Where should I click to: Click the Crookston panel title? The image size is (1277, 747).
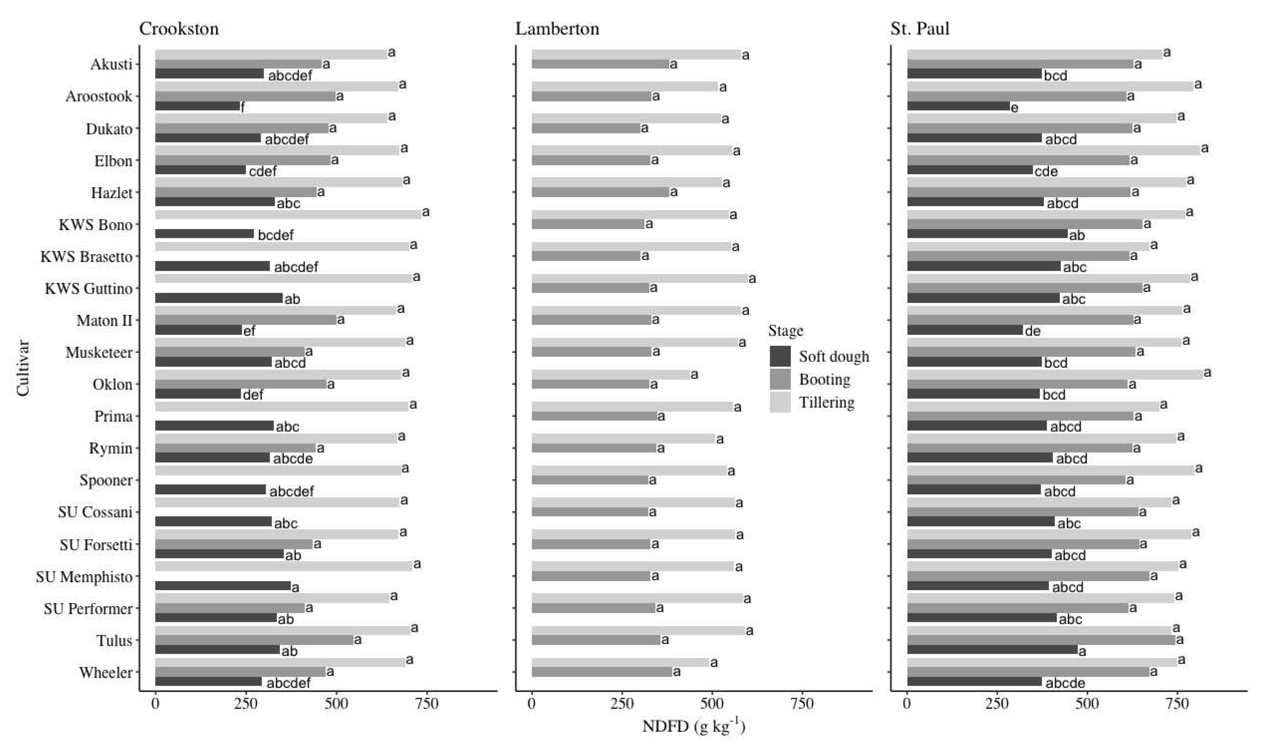tap(179, 29)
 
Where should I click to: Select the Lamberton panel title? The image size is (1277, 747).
tap(557, 29)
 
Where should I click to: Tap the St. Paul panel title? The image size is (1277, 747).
tap(920, 29)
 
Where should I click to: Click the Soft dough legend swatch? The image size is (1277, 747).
tap(780, 357)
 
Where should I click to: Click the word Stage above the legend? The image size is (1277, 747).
tap(786, 331)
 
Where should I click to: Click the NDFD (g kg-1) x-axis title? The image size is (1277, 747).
tap(693, 726)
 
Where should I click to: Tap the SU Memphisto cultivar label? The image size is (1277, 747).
tap(84, 577)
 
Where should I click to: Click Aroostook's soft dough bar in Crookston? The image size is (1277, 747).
tap(198, 106)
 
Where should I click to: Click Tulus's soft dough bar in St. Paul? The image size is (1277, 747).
tap(992, 650)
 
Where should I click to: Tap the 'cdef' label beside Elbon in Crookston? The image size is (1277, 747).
tap(263, 171)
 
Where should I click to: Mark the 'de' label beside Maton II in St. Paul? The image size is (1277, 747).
tap(1032, 331)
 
